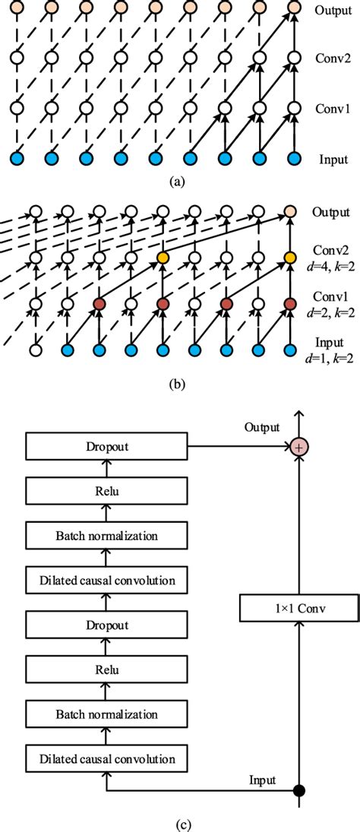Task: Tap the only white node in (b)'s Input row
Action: [35, 350]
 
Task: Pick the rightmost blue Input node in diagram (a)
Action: [292, 159]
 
